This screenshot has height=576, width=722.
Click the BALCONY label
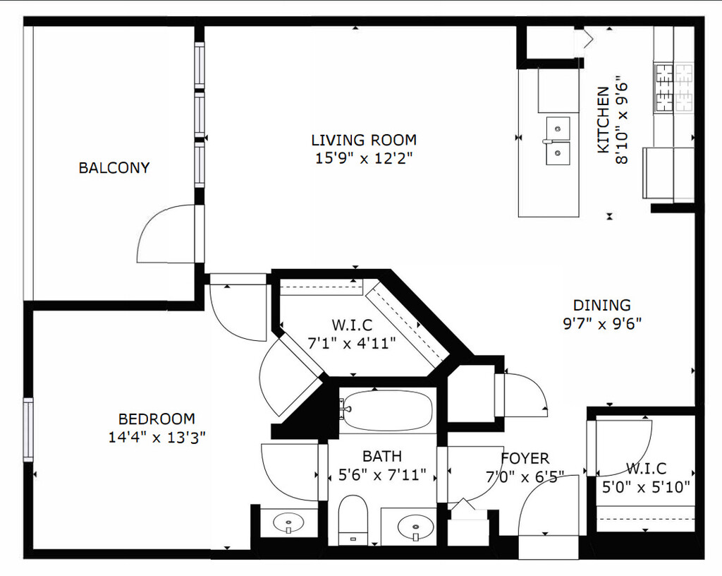114,168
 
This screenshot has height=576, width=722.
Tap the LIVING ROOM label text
364,140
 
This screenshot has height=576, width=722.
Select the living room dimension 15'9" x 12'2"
363,159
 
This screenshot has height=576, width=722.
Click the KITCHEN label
604,120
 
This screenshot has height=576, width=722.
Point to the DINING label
602,305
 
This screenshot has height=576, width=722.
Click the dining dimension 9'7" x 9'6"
602,324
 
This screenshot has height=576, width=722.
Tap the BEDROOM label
157,419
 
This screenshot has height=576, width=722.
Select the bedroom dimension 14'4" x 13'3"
157,438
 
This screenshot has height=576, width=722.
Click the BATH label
382,456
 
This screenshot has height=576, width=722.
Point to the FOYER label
525,459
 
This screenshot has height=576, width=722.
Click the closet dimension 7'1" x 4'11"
352,344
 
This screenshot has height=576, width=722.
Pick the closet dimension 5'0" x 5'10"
646,487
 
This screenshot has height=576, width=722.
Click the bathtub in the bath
387,411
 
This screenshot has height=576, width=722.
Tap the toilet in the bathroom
353,520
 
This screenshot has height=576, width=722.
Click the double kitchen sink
558,140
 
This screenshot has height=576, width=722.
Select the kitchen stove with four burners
674,88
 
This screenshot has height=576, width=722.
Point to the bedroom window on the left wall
28,429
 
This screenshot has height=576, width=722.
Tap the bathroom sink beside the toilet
415,526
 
